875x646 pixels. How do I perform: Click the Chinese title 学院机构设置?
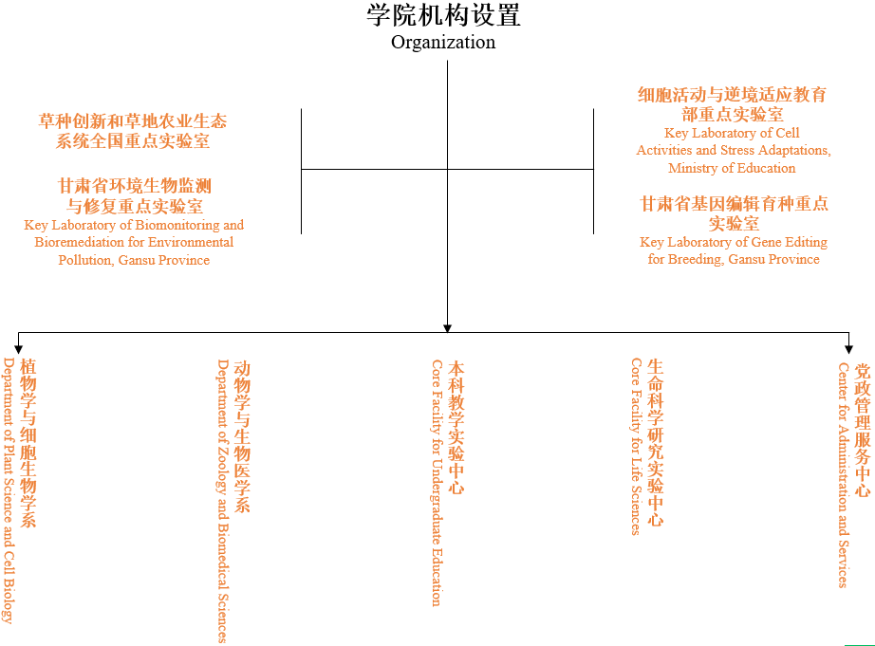pos(443,15)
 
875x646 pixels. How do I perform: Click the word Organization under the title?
pos(443,43)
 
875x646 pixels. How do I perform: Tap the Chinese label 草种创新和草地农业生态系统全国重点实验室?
pos(133,131)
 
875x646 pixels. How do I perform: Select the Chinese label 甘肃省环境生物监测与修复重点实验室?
pos(134,195)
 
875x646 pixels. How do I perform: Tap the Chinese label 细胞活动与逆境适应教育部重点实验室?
pos(732,104)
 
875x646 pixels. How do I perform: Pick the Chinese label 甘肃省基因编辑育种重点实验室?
pos(734,213)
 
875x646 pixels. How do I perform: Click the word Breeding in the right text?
pos(696,259)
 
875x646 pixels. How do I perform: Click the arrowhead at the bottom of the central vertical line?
pos(447,328)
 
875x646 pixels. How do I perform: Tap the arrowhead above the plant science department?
pos(18,349)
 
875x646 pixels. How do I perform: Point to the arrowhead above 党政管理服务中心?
pos(848,349)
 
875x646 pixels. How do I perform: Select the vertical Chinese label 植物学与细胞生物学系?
pos(28,443)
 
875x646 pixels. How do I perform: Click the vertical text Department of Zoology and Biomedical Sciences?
pos(223,501)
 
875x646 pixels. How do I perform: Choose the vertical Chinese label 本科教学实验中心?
pos(456,427)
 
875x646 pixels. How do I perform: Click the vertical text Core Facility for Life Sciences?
pos(636,446)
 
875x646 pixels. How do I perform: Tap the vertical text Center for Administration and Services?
pos(843,475)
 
